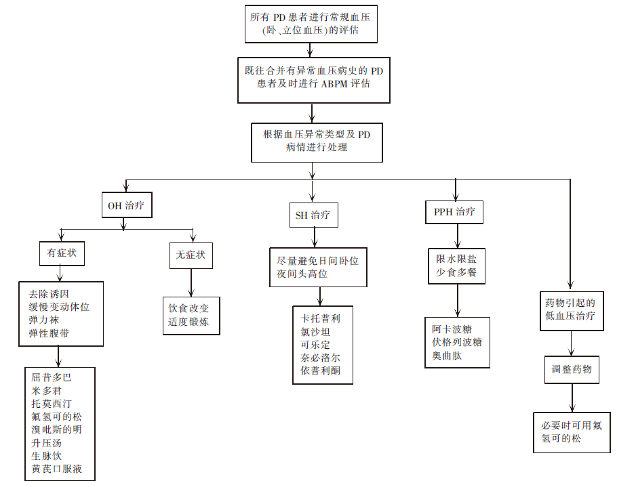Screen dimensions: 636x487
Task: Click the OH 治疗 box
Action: coord(127,205)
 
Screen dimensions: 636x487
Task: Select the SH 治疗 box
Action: coord(313,215)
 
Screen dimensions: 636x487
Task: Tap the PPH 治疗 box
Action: coord(454,212)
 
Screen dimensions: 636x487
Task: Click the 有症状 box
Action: coord(62,253)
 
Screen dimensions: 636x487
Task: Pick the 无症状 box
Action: coord(191,255)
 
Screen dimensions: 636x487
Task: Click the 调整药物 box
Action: coord(572,370)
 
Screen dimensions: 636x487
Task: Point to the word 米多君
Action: coord(47,391)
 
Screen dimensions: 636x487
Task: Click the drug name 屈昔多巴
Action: coord(52,377)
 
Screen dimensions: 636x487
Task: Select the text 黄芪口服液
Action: coord(57,469)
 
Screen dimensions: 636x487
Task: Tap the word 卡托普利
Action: coord(321,319)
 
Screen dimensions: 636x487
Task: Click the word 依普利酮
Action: coord(321,370)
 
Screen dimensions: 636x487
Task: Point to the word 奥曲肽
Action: coord(447,356)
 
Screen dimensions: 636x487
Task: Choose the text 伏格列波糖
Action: coord(457,342)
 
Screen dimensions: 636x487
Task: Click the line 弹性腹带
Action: coord(49,333)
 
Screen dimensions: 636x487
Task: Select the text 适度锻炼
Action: coord(188,322)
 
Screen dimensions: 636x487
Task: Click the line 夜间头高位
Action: coord(302,274)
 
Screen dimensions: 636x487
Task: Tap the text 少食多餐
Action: coord(456,272)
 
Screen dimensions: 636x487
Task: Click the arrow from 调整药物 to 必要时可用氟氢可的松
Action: coord(572,398)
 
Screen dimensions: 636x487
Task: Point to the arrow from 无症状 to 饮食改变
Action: coord(191,283)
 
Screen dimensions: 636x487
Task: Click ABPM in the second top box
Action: coord(335,84)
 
